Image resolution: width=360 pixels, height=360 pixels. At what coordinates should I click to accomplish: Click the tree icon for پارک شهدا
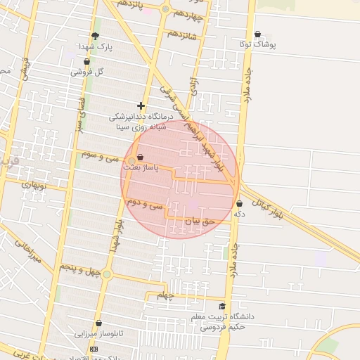point(95,36)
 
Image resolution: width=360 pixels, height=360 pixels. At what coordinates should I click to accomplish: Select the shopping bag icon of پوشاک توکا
point(257,34)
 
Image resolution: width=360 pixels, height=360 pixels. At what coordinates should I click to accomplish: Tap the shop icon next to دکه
point(240,203)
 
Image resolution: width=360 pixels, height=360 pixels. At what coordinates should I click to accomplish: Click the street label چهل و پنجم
point(78,269)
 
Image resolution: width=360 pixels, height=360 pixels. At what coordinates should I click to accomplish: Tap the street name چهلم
point(165,295)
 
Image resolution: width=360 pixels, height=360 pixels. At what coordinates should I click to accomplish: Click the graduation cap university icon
point(222,306)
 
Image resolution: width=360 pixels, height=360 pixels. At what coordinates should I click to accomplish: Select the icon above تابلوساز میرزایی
point(98,323)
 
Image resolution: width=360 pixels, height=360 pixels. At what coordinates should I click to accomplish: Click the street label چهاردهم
point(189,13)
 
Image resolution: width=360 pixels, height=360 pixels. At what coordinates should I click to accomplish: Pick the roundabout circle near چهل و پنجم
point(107,274)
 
